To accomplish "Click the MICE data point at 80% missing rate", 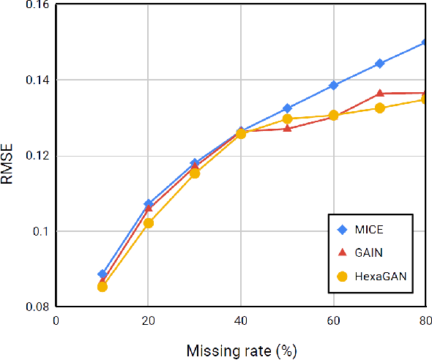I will click(425, 42).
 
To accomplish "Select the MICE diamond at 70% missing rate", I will click(379, 64).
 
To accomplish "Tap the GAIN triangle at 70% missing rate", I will click(379, 93).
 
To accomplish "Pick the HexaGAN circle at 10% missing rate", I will click(103, 286).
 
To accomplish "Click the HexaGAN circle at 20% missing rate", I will click(149, 222).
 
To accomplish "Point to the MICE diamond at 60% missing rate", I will click(333, 86).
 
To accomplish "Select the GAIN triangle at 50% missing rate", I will click(287, 128).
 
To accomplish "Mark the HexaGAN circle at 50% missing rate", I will click(287, 119).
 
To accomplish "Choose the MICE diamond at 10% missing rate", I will click(103, 274).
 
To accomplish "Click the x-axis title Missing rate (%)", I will click(240, 350).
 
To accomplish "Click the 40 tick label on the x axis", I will click(240, 320).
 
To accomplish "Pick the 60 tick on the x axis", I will click(333, 320).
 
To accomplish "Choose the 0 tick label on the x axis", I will click(56, 320).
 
